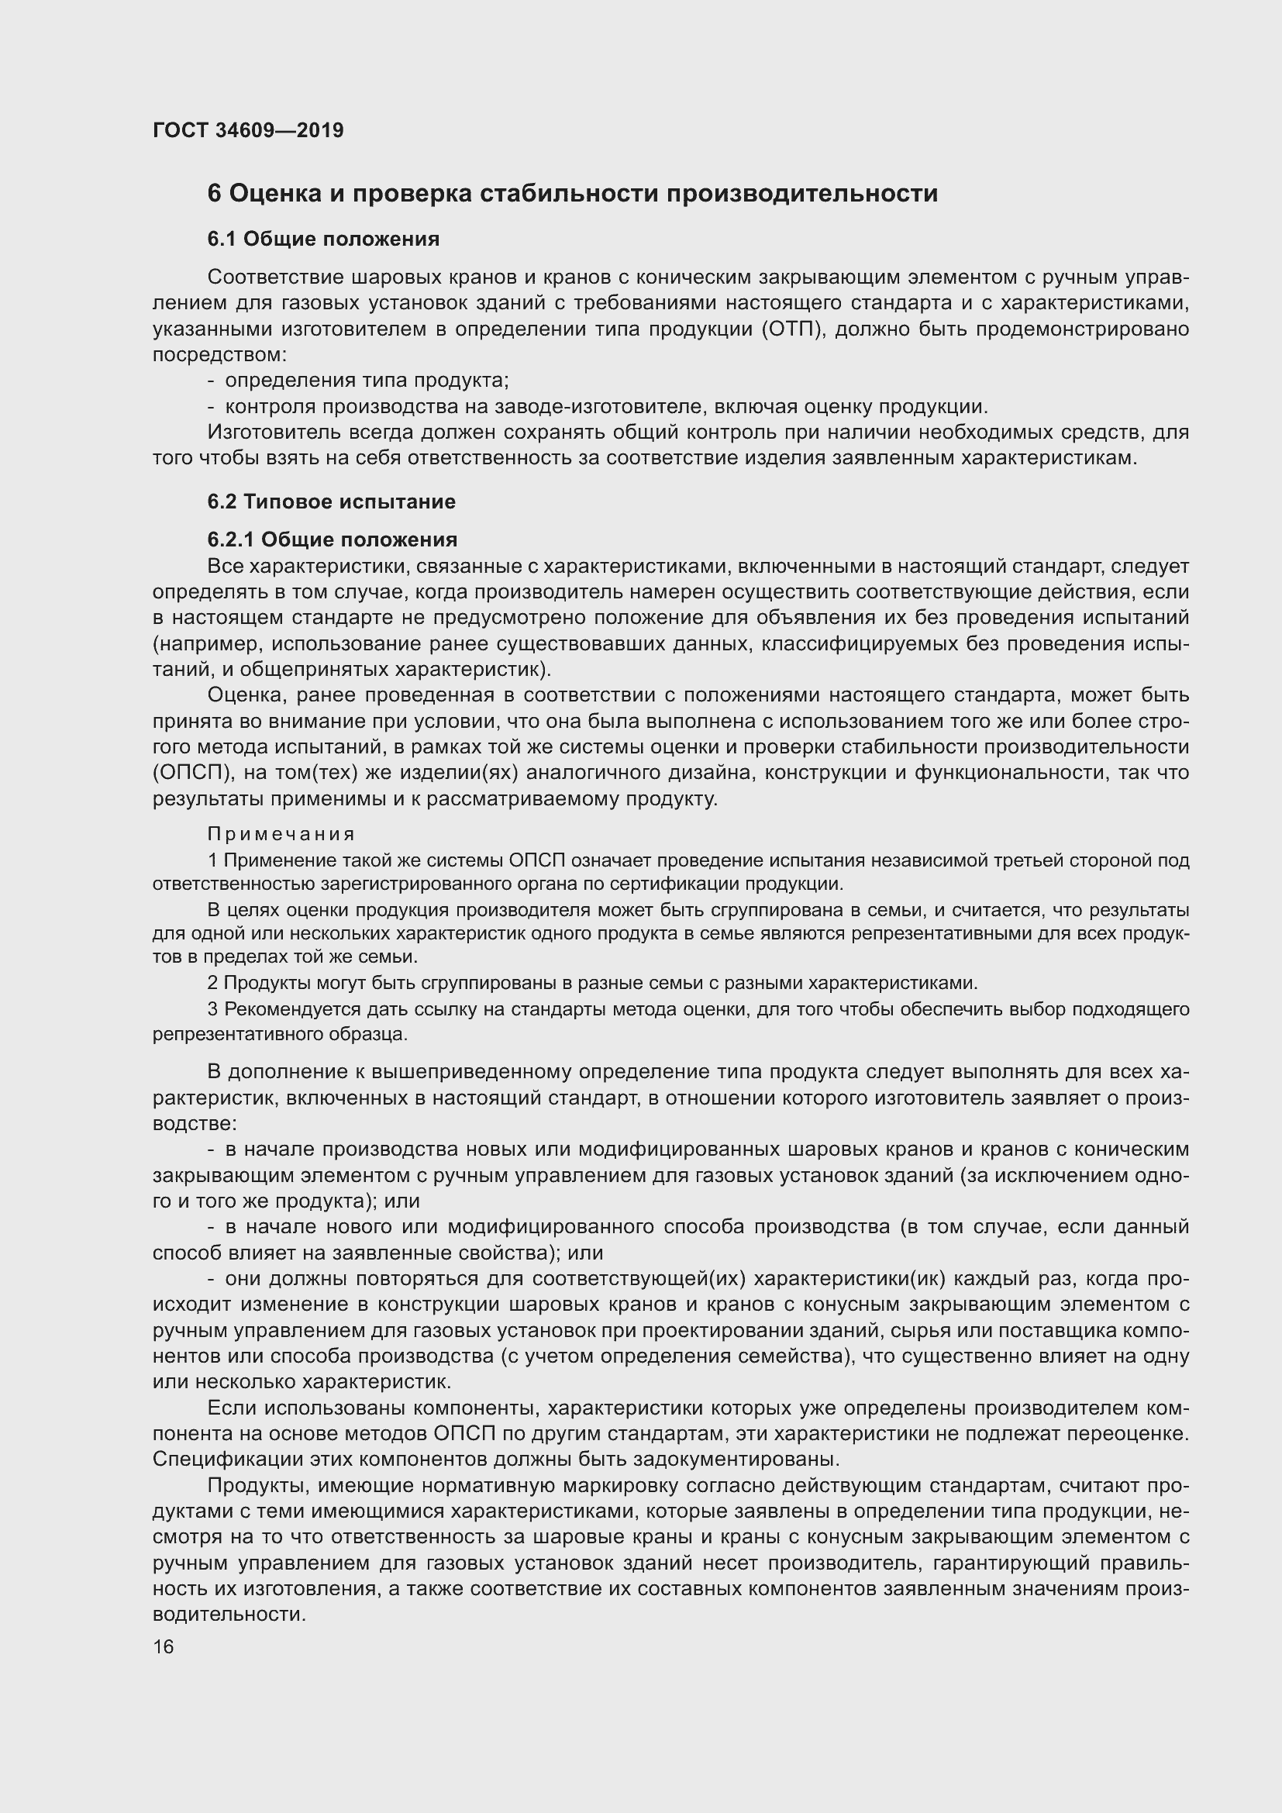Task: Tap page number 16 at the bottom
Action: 163,1646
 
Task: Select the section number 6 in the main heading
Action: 214,194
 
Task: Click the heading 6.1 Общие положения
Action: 323,239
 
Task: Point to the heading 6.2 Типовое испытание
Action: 332,502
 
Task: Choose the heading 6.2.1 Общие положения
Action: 333,539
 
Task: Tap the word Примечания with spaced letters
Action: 281,834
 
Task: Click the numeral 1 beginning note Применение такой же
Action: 212,860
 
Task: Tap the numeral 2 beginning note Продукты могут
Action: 212,983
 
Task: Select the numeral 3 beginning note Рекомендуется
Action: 212,1009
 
